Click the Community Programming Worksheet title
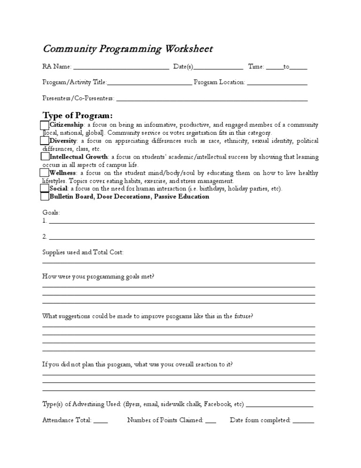127,49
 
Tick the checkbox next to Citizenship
45,125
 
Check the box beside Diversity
45,141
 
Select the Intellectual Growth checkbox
45,156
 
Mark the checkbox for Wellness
45,172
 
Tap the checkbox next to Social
45,188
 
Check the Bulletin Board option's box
45,196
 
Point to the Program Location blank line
277,84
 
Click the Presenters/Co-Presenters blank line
212,100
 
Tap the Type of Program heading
78,115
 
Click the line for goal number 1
181,222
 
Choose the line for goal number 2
181,238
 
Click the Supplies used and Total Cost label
83,252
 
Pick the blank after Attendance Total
101,422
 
